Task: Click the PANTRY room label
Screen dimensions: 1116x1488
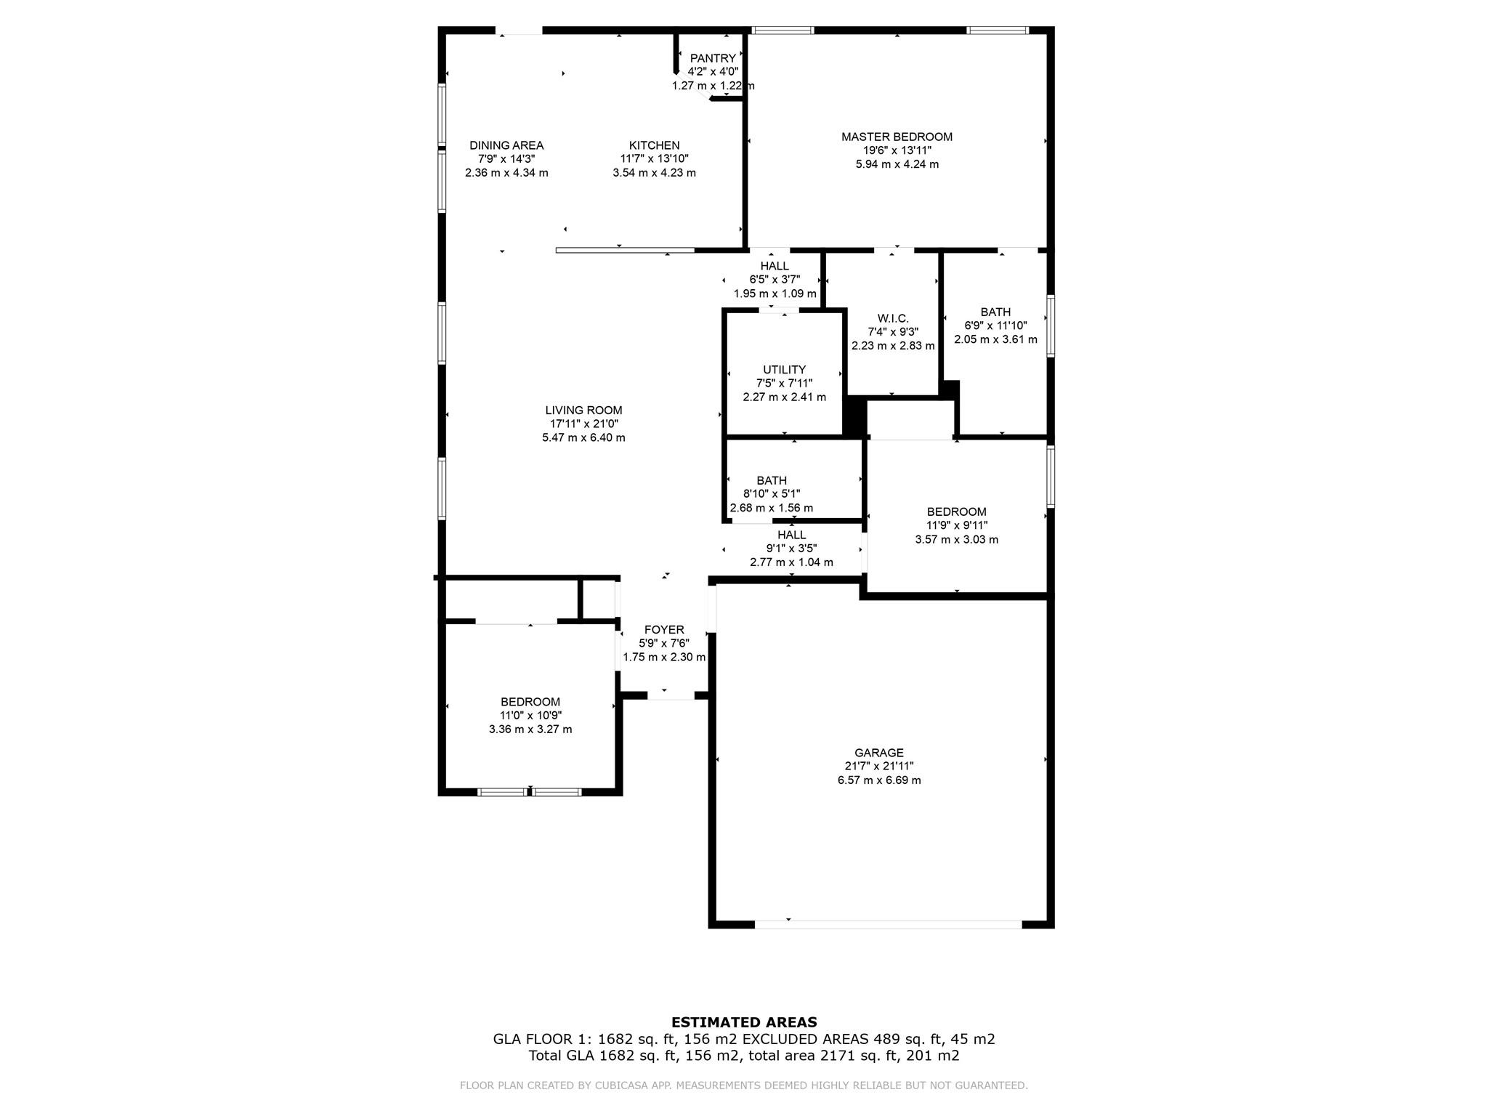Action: pyautogui.click(x=713, y=58)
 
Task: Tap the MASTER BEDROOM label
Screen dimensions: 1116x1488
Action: pyautogui.click(x=897, y=137)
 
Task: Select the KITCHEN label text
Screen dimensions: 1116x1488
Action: pyautogui.click(x=654, y=145)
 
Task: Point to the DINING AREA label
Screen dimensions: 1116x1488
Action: pyautogui.click(x=506, y=145)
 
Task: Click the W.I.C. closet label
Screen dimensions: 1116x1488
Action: pyautogui.click(x=893, y=318)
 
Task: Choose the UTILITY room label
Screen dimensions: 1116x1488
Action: pyautogui.click(x=784, y=370)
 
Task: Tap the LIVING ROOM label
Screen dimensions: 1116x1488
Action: pyautogui.click(x=583, y=411)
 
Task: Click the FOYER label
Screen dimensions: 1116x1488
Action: pyautogui.click(x=663, y=630)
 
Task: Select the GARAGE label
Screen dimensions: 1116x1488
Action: pyautogui.click(x=878, y=753)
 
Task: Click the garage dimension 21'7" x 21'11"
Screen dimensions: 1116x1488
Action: pyautogui.click(x=878, y=766)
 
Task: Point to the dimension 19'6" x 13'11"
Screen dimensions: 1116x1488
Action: pyautogui.click(x=897, y=150)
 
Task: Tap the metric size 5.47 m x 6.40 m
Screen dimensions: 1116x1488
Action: pyautogui.click(x=583, y=437)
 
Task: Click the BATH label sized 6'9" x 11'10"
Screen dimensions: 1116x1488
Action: pyautogui.click(x=995, y=312)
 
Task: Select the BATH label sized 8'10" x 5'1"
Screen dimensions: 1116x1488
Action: pyautogui.click(x=771, y=480)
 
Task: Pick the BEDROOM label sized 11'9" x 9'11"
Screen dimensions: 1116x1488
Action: pyautogui.click(x=956, y=511)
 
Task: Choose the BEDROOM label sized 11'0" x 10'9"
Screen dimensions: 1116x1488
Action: pyautogui.click(x=530, y=702)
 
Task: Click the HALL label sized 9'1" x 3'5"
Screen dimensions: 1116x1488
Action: pyautogui.click(x=791, y=535)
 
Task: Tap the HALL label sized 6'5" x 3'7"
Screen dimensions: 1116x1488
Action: pyautogui.click(x=775, y=266)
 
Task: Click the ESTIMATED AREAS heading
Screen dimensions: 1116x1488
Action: pyautogui.click(x=743, y=1022)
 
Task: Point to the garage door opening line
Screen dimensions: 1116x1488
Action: pyautogui.click(x=888, y=924)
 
